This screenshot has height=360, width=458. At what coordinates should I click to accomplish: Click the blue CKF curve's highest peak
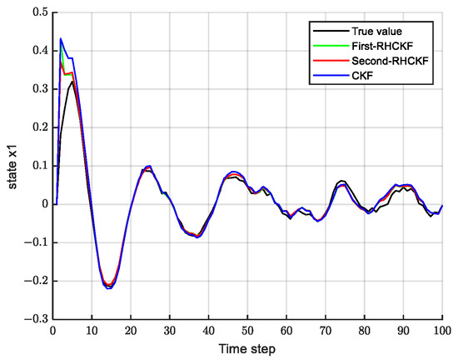[61, 38]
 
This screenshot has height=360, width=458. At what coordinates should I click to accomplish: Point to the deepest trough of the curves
[108, 287]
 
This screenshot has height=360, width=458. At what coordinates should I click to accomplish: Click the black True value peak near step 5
[73, 82]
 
